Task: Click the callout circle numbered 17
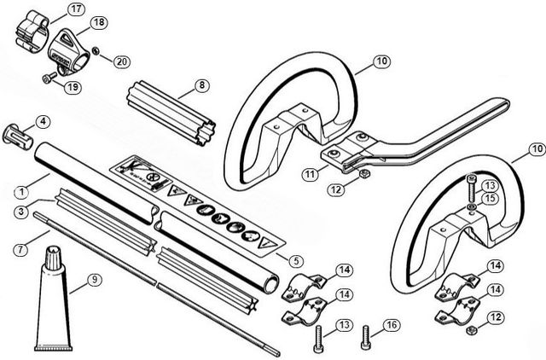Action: click(x=76, y=9)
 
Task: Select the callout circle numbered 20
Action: click(x=121, y=62)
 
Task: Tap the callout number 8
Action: click(x=201, y=85)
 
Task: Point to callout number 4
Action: click(x=43, y=122)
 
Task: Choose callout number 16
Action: click(x=392, y=325)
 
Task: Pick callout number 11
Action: click(x=310, y=174)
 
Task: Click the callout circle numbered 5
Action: click(x=296, y=261)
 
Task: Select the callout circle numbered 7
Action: click(x=21, y=250)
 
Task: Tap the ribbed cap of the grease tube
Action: click(x=53, y=258)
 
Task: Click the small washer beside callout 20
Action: click(x=95, y=51)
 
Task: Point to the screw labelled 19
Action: click(x=49, y=78)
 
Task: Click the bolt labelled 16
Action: click(x=365, y=337)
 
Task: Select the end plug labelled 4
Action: click(x=17, y=136)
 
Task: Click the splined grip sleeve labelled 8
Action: click(x=171, y=113)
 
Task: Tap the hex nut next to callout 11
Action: click(x=364, y=173)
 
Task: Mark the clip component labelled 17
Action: click(x=32, y=32)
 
